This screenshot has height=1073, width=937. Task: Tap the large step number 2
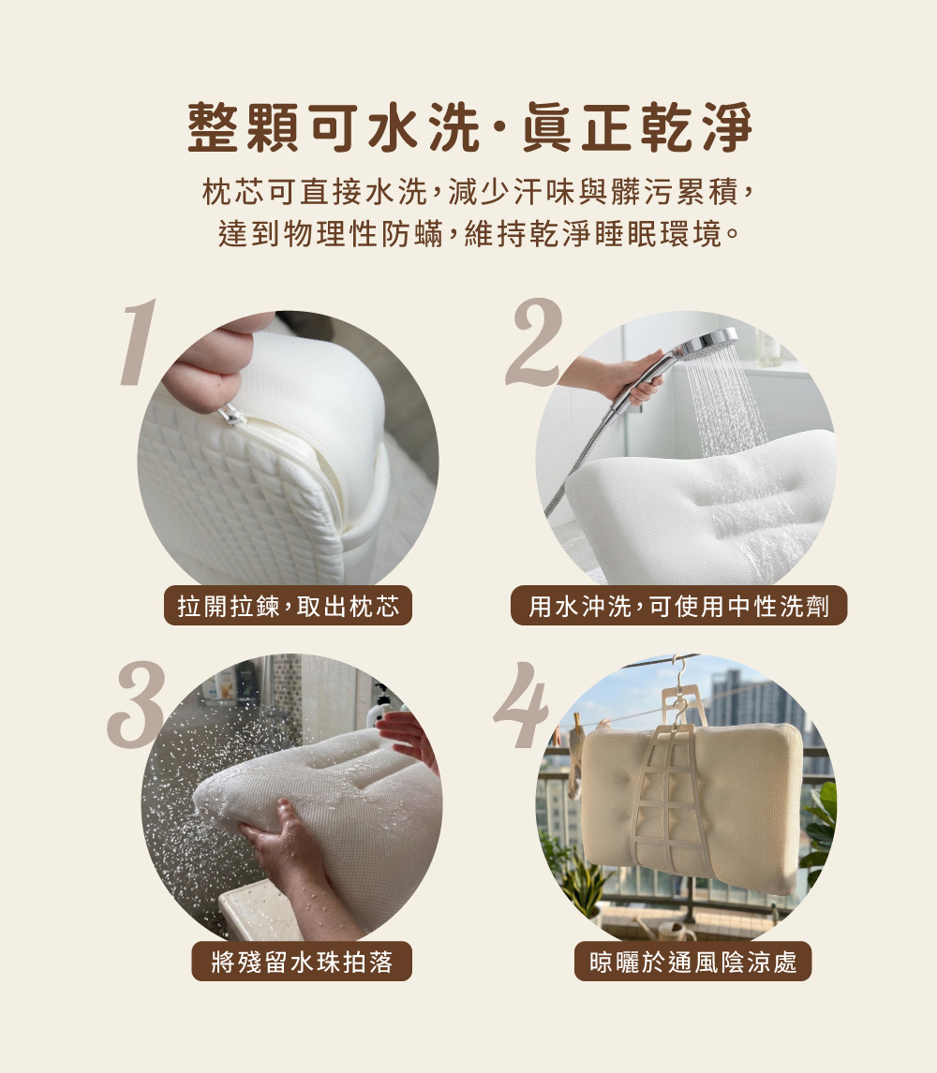pyautogui.click(x=533, y=344)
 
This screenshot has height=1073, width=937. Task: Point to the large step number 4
pyautogui.click(x=520, y=704)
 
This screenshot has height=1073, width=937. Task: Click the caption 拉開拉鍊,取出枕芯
pyautogui.click(x=288, y=607)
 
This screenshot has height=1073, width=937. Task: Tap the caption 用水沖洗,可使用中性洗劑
pyautogui.click(x=678, y=607)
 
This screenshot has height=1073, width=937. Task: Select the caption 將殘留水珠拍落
pyautogui.click(x=302, y=962)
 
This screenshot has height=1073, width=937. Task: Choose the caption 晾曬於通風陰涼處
pyautogui.click(x=692, y=962)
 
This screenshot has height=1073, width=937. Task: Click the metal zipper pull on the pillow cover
pyautogui.click(x=231, y=414)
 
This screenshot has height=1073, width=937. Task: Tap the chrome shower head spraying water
pyautogui.click(x=707, y=342)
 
